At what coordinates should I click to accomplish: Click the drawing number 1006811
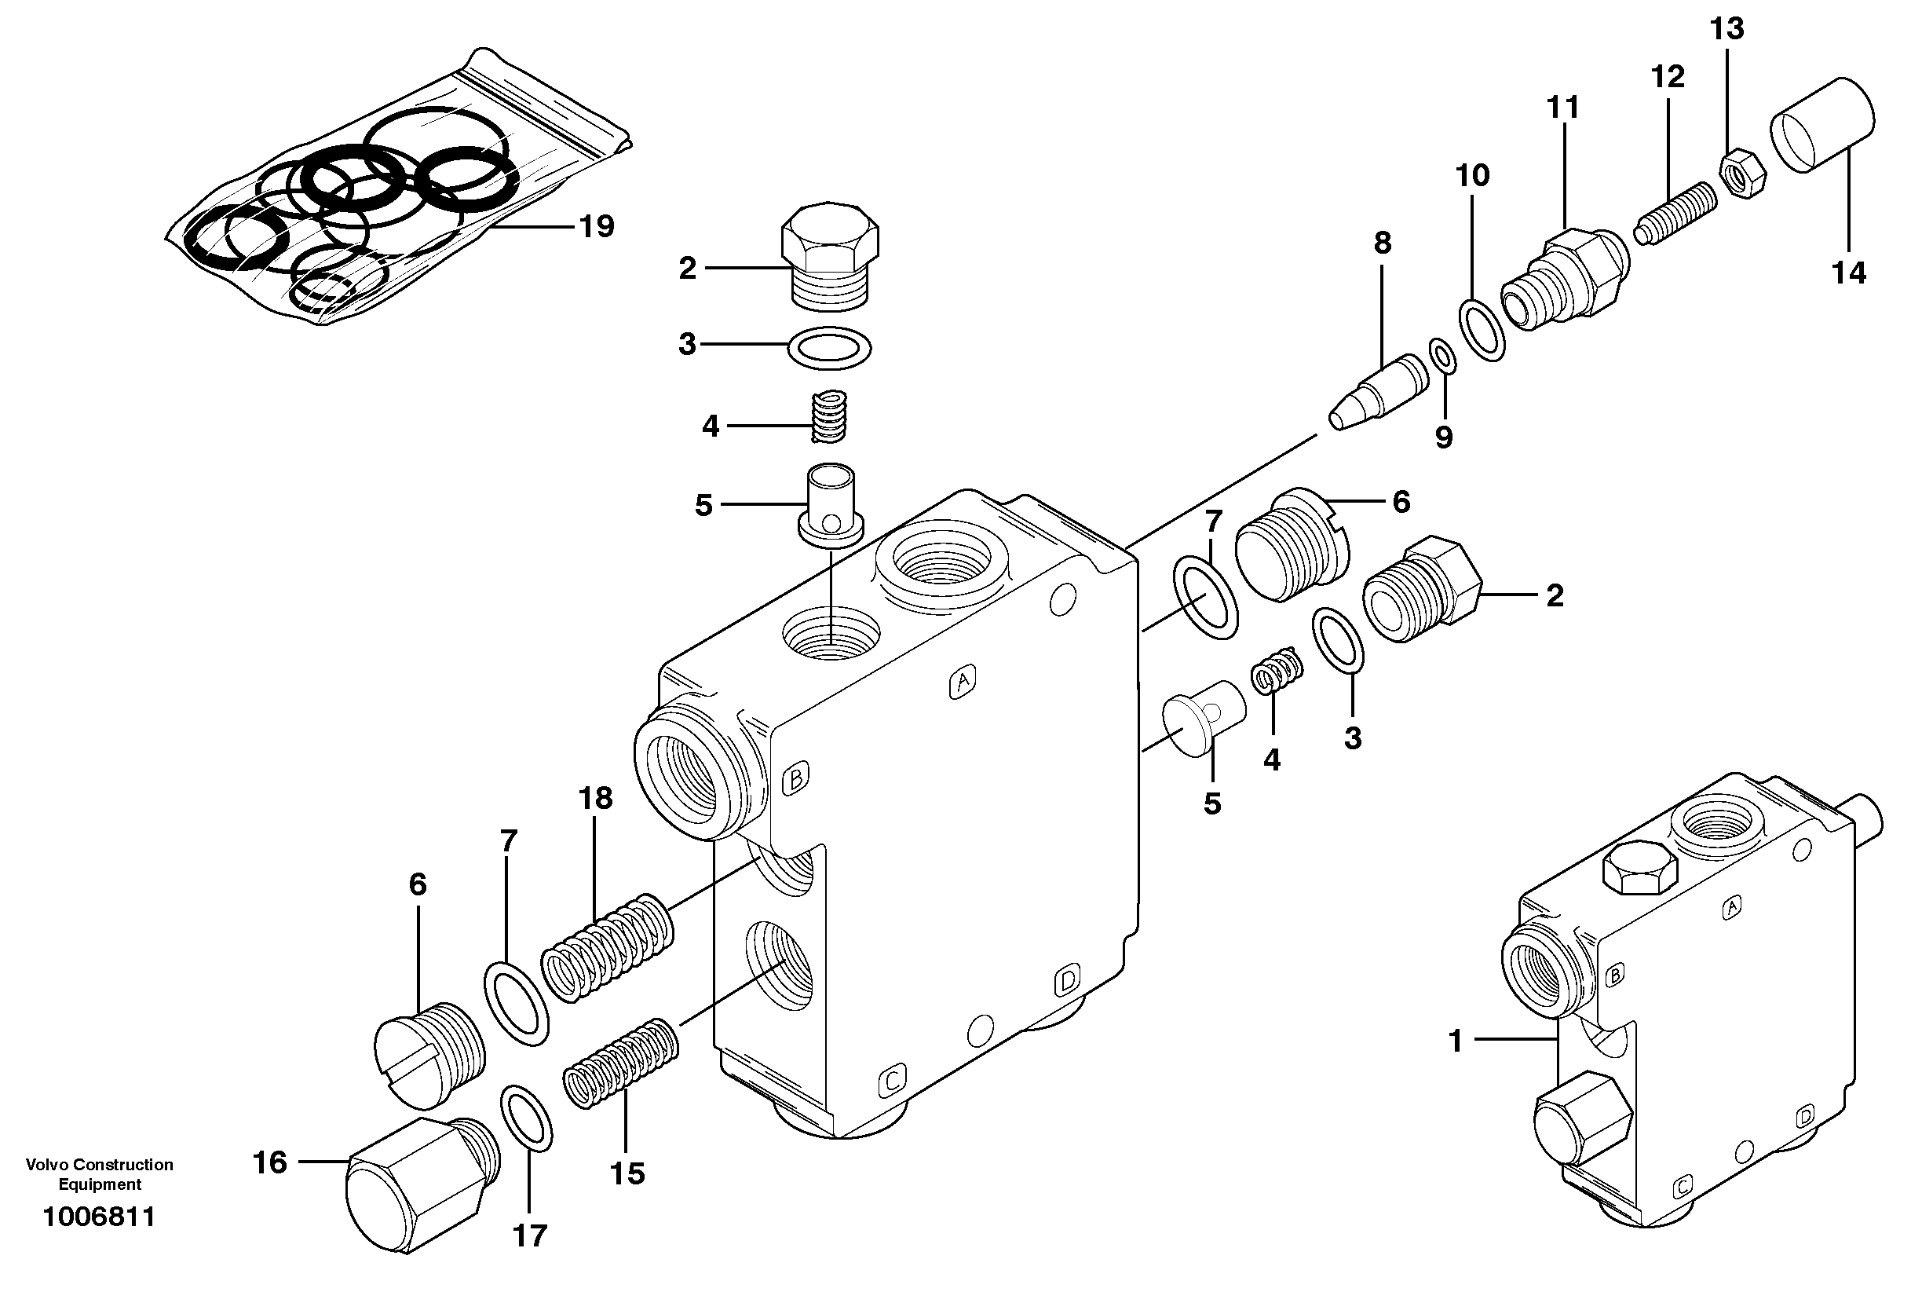99,1217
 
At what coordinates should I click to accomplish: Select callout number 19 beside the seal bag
597,226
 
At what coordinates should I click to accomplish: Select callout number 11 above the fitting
1563,108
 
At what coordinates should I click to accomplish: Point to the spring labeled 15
621,1063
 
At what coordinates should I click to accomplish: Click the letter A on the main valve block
962,681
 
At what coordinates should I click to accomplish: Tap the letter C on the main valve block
892,1080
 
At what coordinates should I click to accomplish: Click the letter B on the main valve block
795,778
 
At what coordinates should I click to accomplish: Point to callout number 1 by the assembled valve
1456,1041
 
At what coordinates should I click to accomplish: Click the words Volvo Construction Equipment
100,1173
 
